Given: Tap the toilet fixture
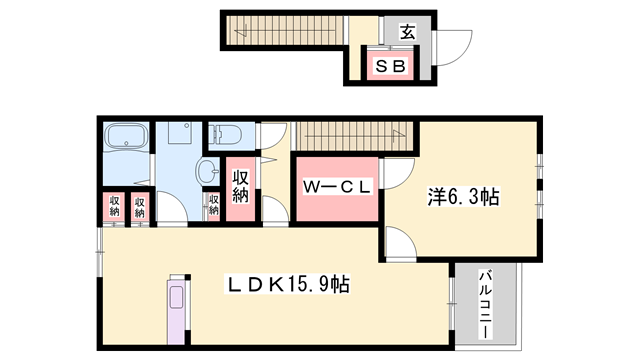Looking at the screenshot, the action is pos(222,135).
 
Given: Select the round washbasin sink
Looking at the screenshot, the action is pos(208,171).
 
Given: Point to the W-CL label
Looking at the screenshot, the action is pos(338,185).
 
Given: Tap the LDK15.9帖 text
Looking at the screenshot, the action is pos(287,284).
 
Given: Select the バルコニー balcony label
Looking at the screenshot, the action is pos(483,300).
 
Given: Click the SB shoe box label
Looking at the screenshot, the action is pos(389,66).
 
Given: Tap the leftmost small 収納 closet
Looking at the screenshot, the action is pos(115,207).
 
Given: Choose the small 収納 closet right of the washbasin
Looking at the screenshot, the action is pos(214,206).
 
